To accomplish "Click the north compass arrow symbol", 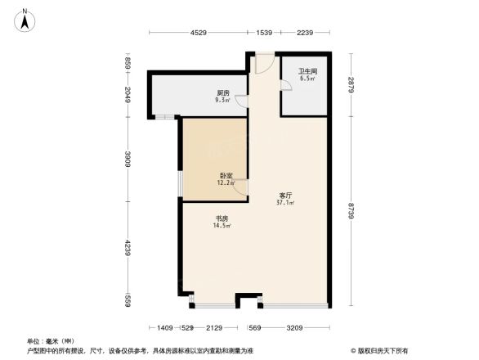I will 26,18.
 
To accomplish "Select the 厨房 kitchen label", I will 222,92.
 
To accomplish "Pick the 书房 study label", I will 221,218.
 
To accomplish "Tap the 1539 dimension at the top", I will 263,34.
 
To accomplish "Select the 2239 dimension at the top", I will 305,34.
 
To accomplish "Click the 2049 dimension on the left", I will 128,97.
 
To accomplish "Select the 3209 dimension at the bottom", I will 294,328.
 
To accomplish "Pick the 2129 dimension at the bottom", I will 215,328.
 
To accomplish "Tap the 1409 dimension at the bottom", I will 164,328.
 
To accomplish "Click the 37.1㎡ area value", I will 286,205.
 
